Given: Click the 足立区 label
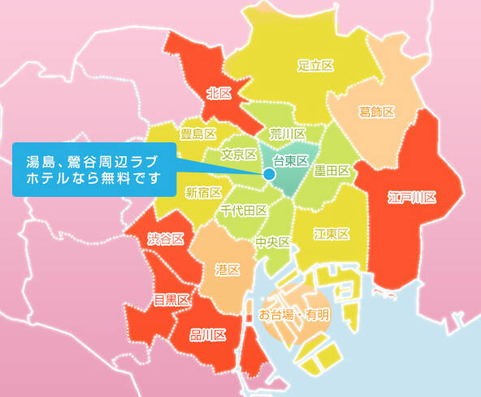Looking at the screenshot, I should pyautogui.click(x=316, y=64).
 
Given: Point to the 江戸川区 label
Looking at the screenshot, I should pyautogui.click(x=413, y=198).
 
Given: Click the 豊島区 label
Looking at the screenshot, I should pyautogui.click(x=198, y=133).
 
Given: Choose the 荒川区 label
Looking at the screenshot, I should pyautogui.click(x=288, y=133).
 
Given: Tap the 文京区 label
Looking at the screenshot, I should pyautogui.click(x=239, y=154).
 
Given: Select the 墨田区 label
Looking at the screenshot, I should pyautogui.click(x=331, y=171).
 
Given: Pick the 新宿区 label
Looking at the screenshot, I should pyautogui.click(x=203, y=192).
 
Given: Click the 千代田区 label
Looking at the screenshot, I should pyautogui.click(x=244, y=211).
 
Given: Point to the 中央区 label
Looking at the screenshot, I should pyautogui.click(x=272, y=242).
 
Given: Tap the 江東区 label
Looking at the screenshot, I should pyautogui.click(x=331, y=234).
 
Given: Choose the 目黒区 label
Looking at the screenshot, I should pyautogui.click(x=171, y=299).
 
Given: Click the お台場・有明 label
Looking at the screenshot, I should pyautogui.click(x=294, y=314).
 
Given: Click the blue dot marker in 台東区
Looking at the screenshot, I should pyautogui.click(x=269, y=174).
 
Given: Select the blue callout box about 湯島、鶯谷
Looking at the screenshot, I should pyautogui.click(x=93, y=169).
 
